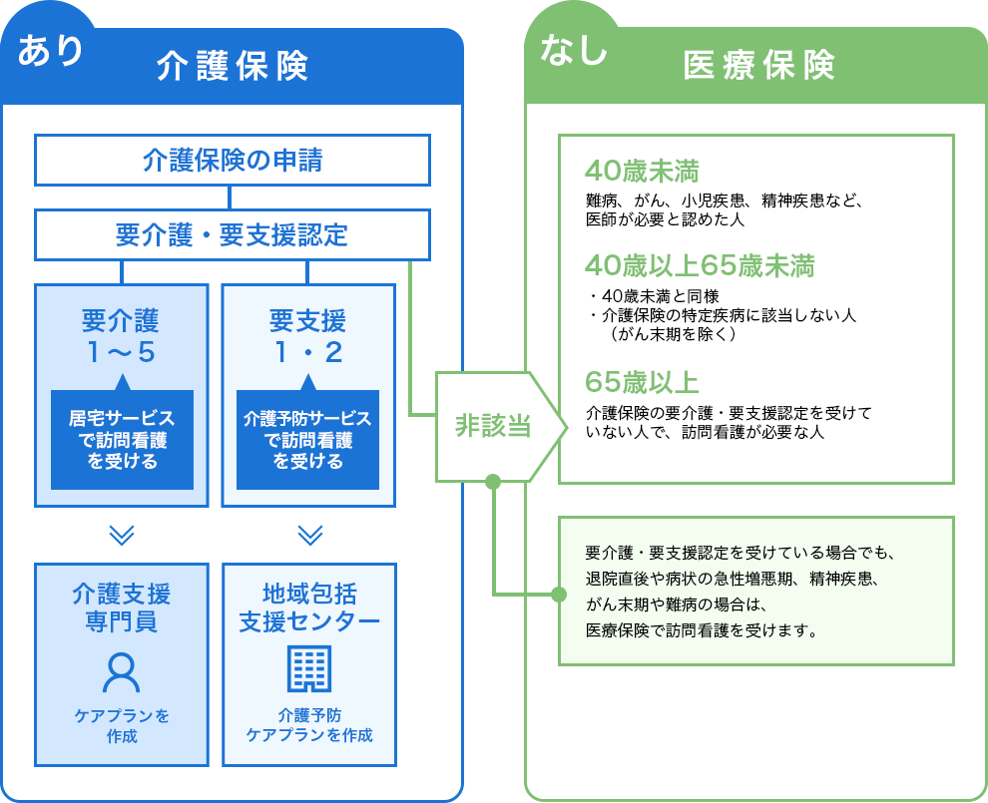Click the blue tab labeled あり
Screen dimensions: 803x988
point(50,50)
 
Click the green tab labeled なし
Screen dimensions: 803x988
point(573,50)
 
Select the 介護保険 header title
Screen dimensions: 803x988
point(233,66)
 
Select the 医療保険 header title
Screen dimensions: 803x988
point(758,66)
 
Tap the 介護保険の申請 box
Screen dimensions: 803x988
point(233,160)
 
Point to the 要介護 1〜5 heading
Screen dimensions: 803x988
point(121,336)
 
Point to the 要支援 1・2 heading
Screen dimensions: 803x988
point(307,336)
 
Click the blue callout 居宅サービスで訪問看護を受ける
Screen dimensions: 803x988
point(121,440)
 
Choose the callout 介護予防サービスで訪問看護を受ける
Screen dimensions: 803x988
point(307,440)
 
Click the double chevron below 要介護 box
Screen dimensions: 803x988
point(121,536)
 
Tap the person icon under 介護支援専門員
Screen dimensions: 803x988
point(121,672)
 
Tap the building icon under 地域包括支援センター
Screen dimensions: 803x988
point(308,668)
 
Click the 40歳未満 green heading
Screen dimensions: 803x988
point(641,169)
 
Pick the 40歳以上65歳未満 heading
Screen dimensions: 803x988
point(700,265)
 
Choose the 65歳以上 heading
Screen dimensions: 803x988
point(641,382)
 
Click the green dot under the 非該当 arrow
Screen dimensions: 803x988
point(492,482)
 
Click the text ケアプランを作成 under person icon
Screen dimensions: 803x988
point(121,725)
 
